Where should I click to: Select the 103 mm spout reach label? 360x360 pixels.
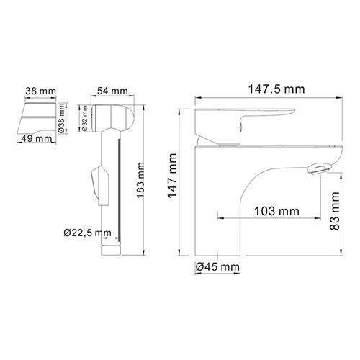[275, 211]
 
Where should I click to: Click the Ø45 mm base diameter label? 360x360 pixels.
[217, 268]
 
